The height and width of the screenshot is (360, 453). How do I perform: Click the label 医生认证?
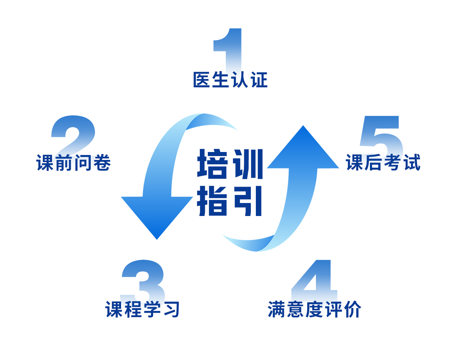tap(231, 80)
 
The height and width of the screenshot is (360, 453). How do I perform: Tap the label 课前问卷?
tap(73, 163)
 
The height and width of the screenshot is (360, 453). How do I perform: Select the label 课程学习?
tap(142, 309)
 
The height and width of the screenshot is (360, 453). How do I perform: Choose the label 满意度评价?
tap(314, 309)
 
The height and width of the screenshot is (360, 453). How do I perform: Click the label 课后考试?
tap(383, 163)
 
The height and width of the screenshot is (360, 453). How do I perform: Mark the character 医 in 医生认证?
tap(202, 80)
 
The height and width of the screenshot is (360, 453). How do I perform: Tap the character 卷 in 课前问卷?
tap(102, 163)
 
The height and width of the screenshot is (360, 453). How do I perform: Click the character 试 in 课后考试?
tap(411, 163)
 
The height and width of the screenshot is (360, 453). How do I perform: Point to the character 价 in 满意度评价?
tap(352, 309)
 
